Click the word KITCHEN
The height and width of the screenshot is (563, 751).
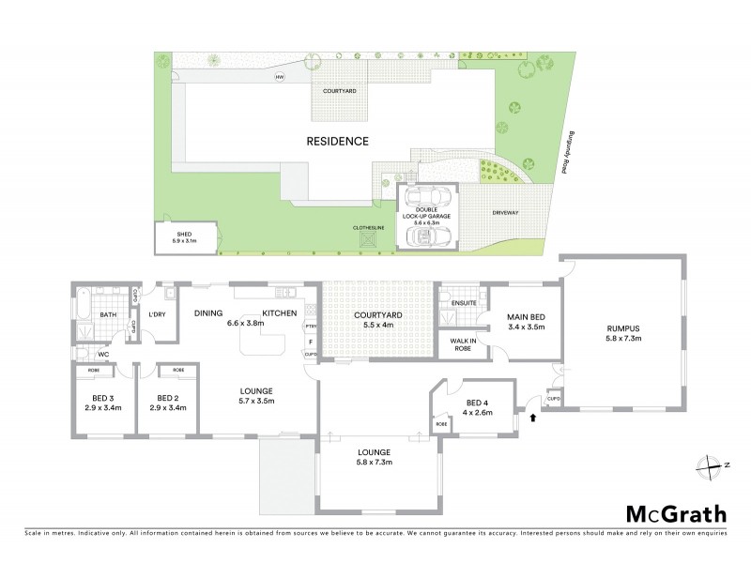pyautogui.click(x=280, y=312)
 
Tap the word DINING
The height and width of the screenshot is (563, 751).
pyautogui.click(x=208, y=312)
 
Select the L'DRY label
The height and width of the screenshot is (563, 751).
pyautogui.click(x=157, y=315)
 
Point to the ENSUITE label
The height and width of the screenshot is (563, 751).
pyautogui.click(x=462, y=303)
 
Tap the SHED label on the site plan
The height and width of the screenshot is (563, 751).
pyautogui.click(x=184, y=236)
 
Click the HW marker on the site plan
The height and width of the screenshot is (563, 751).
pyautogui.click(x=279, y=77)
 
